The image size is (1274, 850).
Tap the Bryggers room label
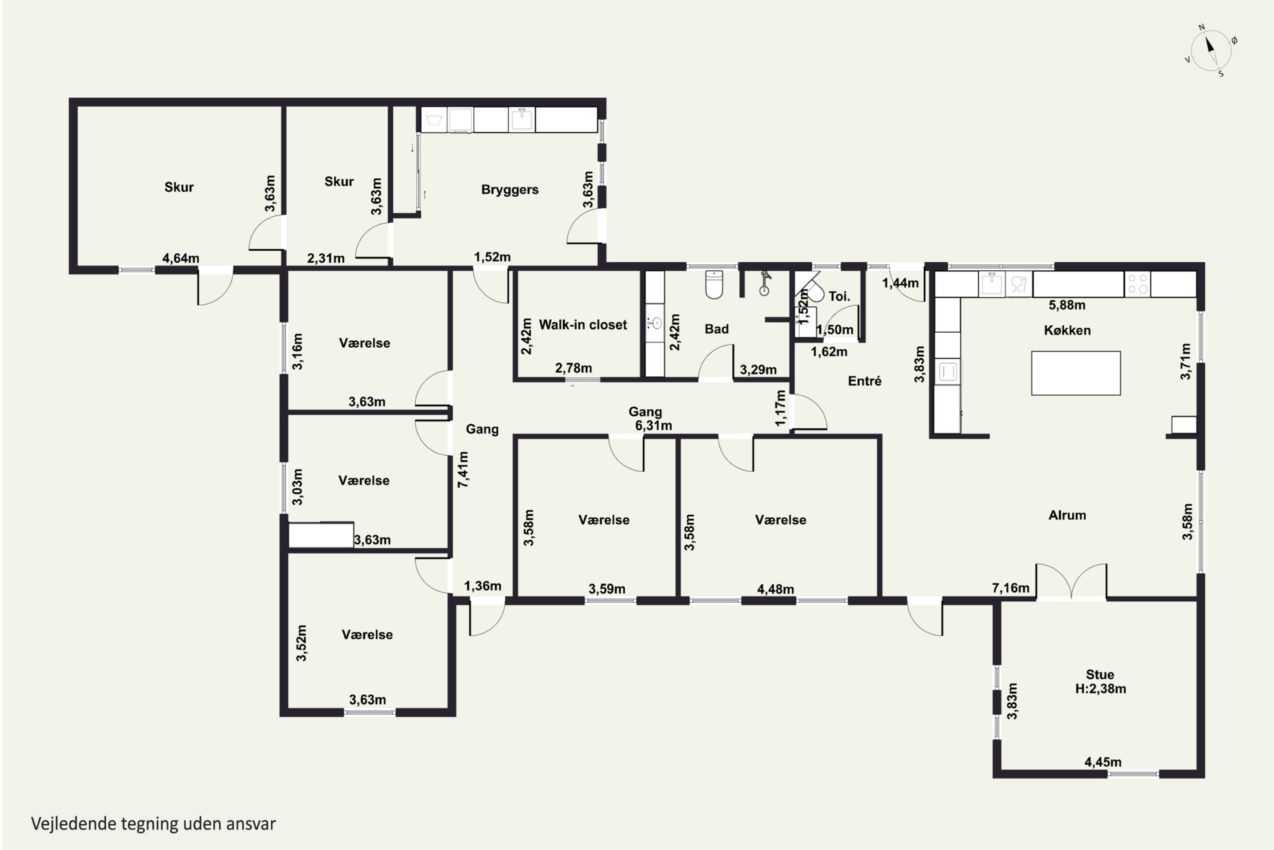point(510,190)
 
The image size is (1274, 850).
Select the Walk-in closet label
point(583,325)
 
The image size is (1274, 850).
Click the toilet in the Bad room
point(714,285)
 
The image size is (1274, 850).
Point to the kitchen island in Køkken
point(1076,373)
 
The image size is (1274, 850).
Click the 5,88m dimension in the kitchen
point(1066,305)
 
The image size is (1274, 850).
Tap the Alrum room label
point(1067,515)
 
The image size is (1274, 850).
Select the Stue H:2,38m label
point(1100,681)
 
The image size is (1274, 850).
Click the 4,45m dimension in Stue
point(1103,762)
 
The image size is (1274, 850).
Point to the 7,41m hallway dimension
point(463,470)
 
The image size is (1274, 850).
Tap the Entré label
point(865,381)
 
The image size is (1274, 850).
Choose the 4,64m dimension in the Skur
point(181,258)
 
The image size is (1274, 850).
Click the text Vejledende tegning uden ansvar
point(153,824)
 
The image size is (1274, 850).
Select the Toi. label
point(839,297)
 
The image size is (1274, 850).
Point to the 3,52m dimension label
point(301,643)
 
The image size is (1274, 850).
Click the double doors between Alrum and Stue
point(1071,581)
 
